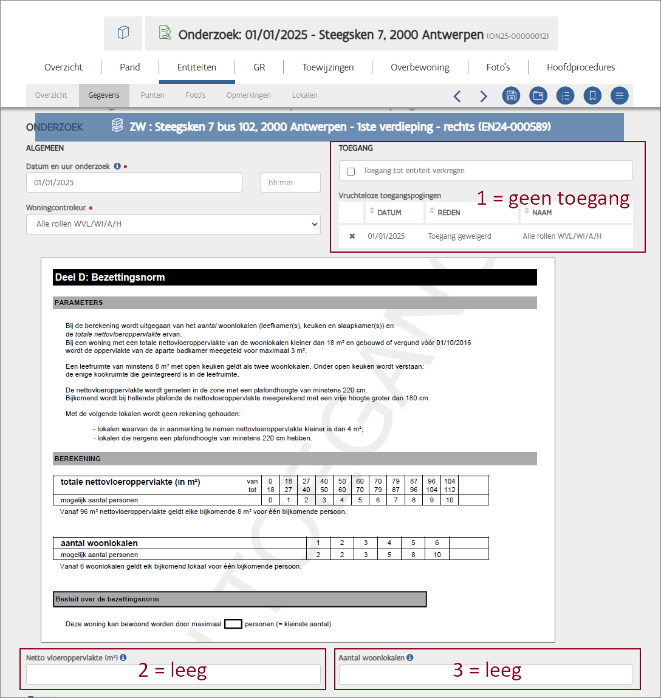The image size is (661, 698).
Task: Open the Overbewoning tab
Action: click(x=420, y=67)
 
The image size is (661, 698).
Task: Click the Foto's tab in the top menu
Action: click(x=498, y=67)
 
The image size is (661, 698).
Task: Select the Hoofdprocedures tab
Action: click(x=580, y=67)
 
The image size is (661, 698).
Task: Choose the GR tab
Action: click(x=259, y=67)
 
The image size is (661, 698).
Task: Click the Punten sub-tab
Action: click(x=152, y=95)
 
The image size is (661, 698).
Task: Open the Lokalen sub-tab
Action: click(x=304, y=95)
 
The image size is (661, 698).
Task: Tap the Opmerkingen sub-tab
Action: click(x=248, y=95)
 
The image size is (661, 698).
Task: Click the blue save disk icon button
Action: click(x=512, y=95)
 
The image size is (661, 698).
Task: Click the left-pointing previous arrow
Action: click(x=457, y=96)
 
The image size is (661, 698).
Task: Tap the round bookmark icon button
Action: click(x=592, y=95)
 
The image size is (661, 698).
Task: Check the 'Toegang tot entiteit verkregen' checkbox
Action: click(x=351, y=171)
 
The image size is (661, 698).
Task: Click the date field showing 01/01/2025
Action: click(x=134, y=182)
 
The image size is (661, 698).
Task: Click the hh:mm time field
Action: click(x=290, y=182)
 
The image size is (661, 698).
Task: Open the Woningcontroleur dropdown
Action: click(x=173, y=224)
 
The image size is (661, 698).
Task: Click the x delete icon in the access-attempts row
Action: click(x=352, y=236)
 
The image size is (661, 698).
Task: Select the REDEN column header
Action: click(x=448, y=213)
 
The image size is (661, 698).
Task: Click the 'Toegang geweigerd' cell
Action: click(x=459, y=236)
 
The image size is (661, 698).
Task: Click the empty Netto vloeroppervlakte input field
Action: click(x=173, y=674)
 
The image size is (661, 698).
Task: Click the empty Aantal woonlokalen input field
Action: click(x=485, y=674)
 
